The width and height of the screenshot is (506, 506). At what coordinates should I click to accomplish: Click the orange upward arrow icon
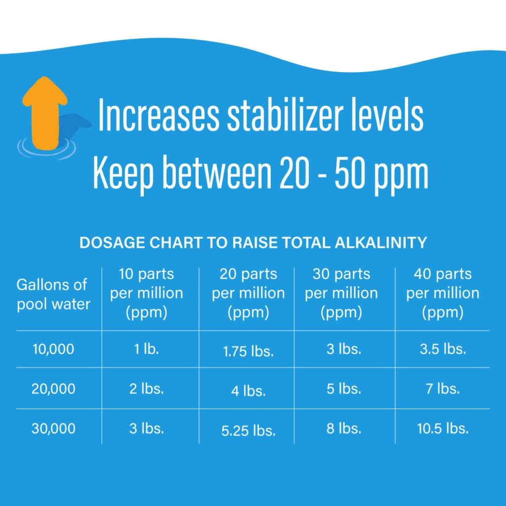44,111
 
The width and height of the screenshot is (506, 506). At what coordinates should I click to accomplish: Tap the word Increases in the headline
159,116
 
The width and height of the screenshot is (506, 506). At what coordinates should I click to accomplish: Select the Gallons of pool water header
53,294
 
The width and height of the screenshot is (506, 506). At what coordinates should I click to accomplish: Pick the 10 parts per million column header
146,293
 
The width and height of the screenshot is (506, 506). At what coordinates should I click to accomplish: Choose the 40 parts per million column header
443,293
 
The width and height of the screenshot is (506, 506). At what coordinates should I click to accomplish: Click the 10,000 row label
53,349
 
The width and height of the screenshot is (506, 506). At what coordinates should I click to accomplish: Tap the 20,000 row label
53,389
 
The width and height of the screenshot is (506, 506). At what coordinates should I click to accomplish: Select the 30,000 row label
53,428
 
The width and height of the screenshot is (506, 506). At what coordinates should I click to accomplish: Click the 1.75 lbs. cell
248,351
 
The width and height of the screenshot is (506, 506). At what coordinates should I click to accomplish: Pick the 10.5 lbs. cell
443,428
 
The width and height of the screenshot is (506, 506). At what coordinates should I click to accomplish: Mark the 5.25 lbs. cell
248,430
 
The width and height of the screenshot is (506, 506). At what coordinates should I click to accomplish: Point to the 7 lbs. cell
443,389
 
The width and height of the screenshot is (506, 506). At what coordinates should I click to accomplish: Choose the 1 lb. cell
146,349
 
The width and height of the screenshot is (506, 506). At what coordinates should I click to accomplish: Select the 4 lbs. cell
248,391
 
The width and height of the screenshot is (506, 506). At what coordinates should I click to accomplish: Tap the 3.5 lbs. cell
443,349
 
